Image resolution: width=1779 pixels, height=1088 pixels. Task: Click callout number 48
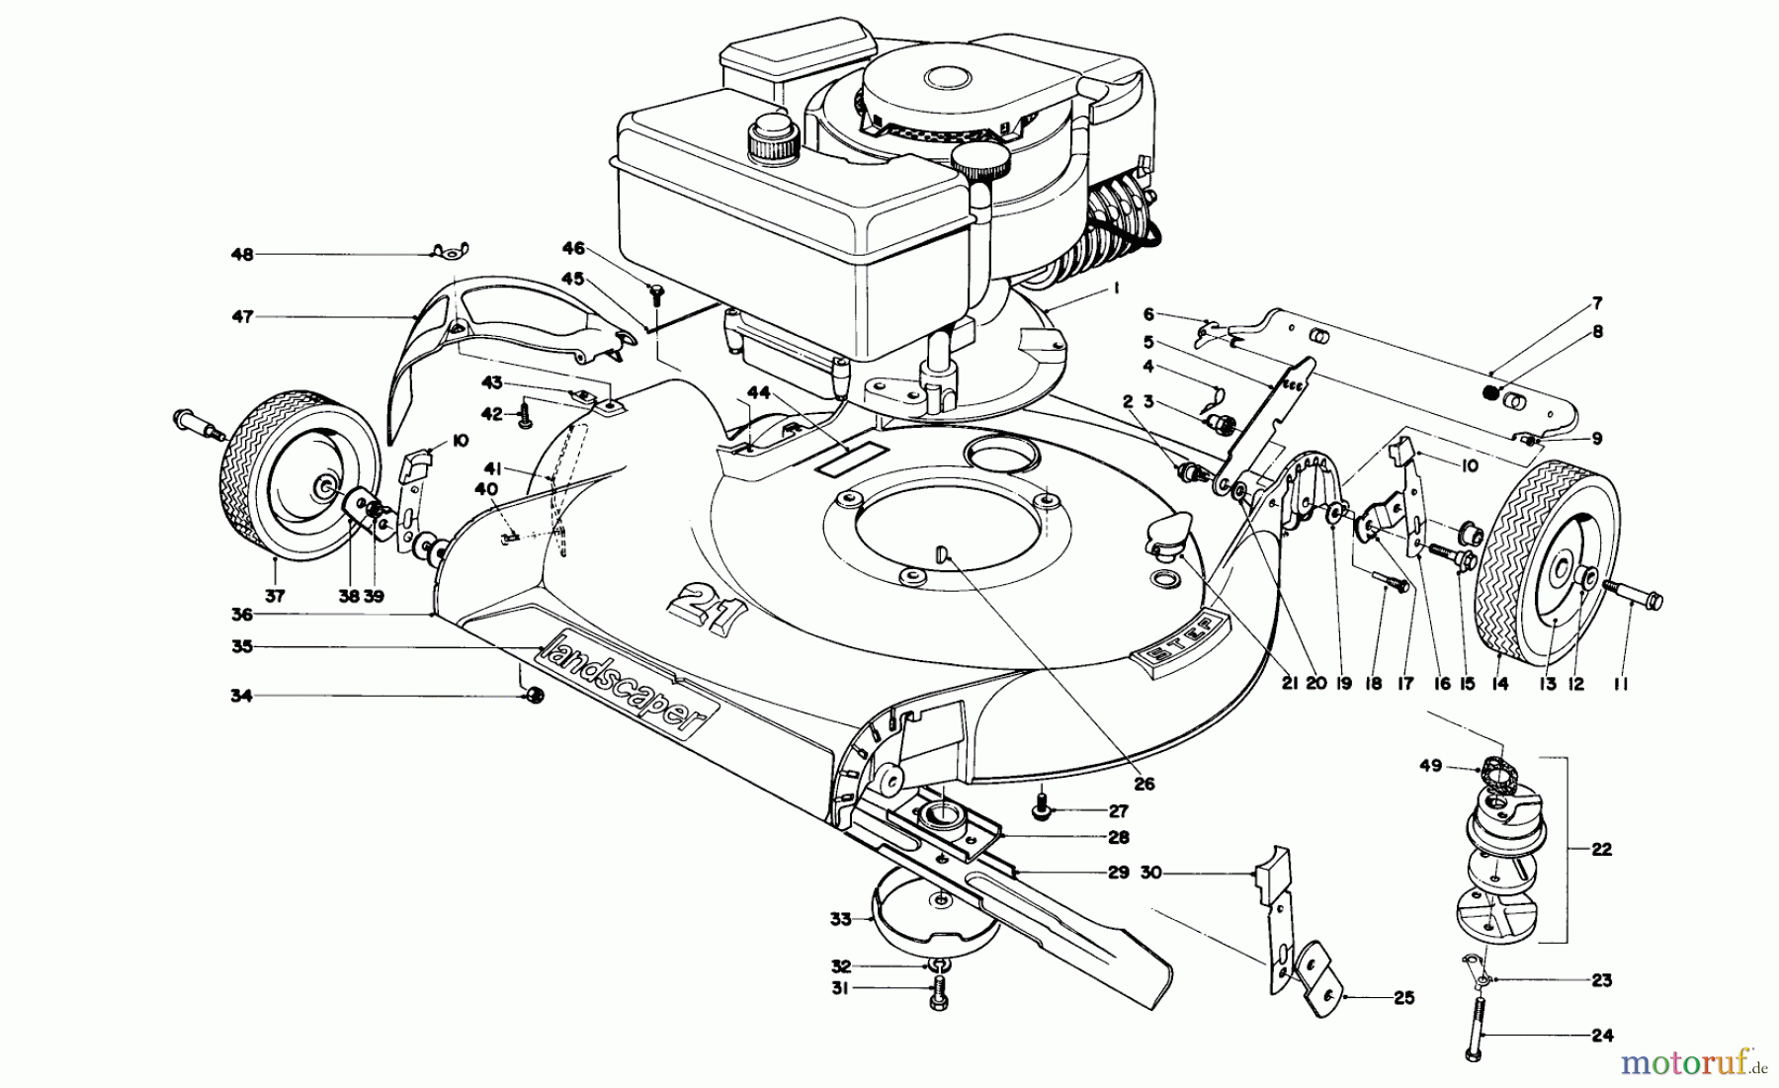(x=241, y=255)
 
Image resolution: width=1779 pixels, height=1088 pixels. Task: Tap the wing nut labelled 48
(x=451, y=252)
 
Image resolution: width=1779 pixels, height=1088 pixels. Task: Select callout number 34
(x=241, y=696)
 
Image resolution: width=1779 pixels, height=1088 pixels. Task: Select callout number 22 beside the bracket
(x=1601, y=849)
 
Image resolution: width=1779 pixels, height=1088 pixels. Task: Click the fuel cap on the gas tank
(x=774, y=139)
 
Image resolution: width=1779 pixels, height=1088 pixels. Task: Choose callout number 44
(x=758, y=392)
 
